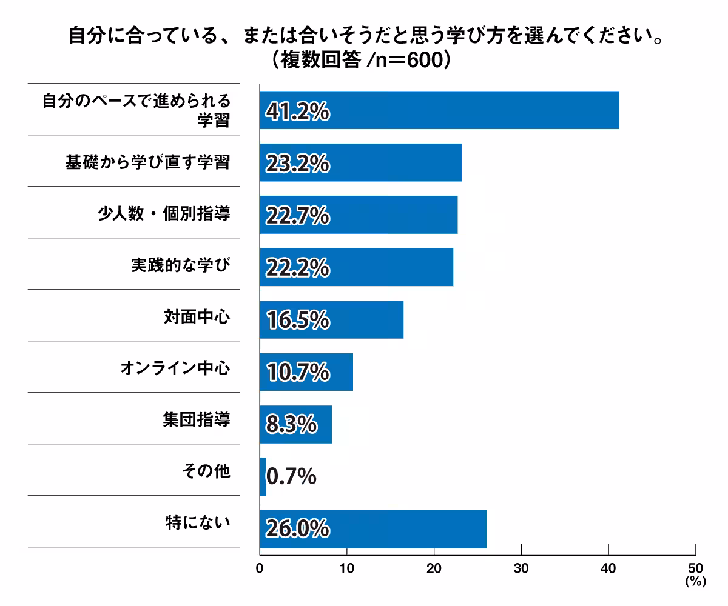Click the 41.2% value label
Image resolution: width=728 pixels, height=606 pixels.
tap(297, 112)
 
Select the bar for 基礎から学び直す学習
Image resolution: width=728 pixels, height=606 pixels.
tap(361, 162)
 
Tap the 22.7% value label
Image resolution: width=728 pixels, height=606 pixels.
tap(297, 215)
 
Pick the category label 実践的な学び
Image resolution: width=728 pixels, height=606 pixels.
tap(181, 265)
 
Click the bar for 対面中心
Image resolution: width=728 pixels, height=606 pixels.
tap(332, 319)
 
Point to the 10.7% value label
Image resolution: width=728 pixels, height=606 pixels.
tap(297, 372)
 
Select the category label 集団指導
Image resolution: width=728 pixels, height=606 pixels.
tap(197, 419)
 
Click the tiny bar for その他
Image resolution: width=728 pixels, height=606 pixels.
tap(263, 476)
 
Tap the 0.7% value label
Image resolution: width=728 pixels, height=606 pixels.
tap(291, 476)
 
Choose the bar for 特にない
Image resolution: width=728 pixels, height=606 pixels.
tap(373, 529)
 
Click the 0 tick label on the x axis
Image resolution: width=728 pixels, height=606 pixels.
tap(260, 568)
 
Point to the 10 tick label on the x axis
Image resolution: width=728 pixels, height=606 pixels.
tap(346, 568)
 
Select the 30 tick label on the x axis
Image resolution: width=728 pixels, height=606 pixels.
tap(521, 568)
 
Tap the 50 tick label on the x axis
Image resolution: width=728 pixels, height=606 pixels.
tap(695, 568)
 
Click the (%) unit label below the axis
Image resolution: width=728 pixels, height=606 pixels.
tap(696, 581)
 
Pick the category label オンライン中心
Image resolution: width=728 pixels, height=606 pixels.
tap(175, 368)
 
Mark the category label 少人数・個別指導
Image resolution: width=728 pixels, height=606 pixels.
tap(164, 213)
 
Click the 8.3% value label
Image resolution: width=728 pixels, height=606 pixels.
tap(291, 424)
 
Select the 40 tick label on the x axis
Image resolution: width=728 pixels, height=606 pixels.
tap(608, 568)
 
